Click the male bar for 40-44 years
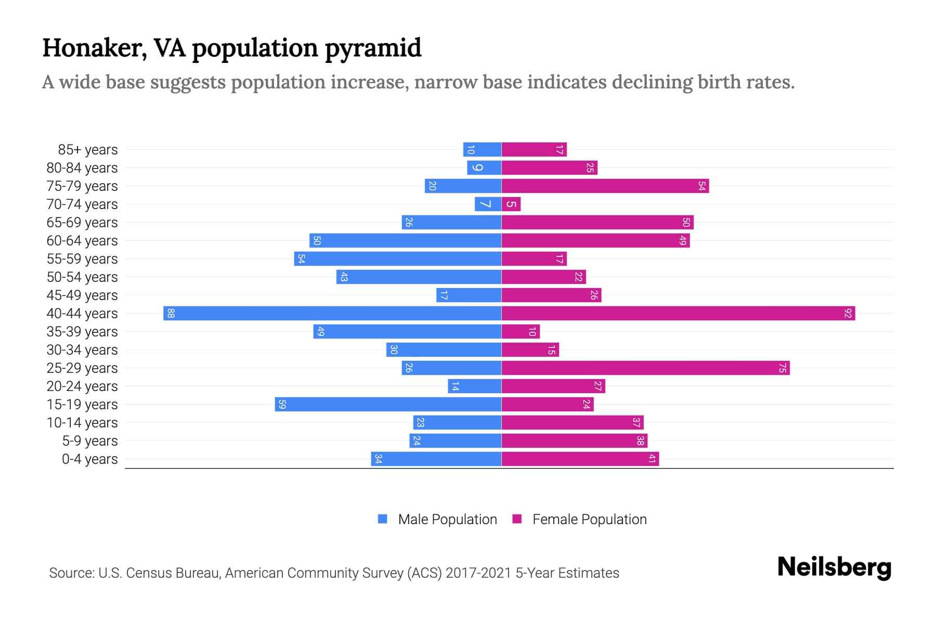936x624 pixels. (x=333, y=314)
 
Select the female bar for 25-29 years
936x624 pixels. (x=645, y=368)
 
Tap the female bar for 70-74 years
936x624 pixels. (x=511, y=204)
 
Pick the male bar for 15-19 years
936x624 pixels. (x=388, y=405)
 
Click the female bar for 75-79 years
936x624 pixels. (x=605, y=186)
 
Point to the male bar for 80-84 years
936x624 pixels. (x=484, y=168)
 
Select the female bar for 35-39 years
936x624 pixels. (x=521, y=332)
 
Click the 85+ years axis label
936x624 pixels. (x=88, y=150)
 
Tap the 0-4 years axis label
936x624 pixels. (x=89, y=459)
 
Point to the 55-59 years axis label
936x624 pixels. (x=82, y=259)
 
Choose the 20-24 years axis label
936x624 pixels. (x=82, y=386)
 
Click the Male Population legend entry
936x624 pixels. (x=447, y=519)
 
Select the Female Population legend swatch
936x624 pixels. (x=517, y=519)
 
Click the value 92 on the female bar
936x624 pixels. (x=848, y=314)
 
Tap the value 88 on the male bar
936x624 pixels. (x=171, y=314)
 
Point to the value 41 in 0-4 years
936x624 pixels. (x=652, y=459)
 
